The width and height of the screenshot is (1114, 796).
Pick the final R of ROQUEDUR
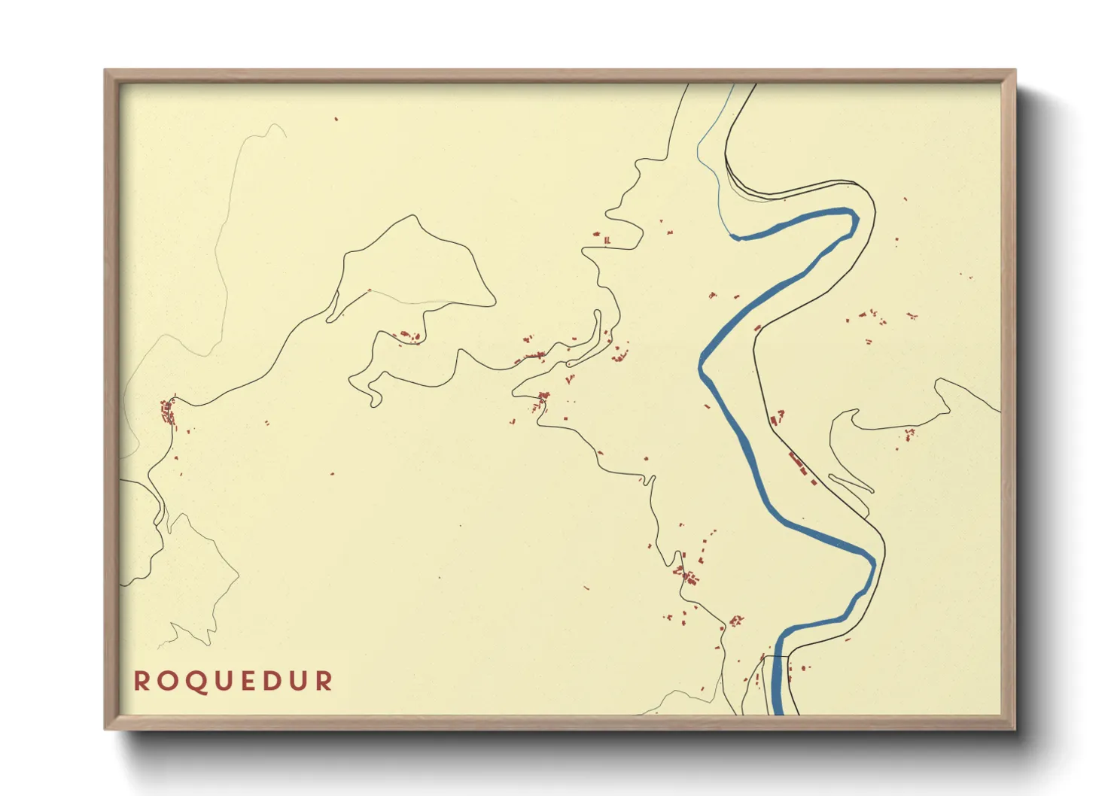point(324,681)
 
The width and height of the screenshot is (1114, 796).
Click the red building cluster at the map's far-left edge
point(168,412)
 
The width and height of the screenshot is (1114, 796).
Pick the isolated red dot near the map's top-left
point(336,119)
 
